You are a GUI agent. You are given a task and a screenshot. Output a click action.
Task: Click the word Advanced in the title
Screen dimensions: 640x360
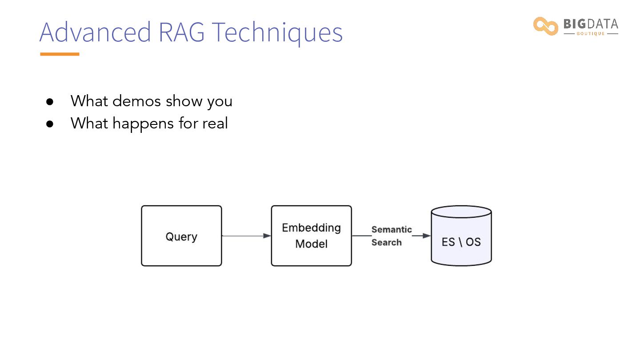(95, 32)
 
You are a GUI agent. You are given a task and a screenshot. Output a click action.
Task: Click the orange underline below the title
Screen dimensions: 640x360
(60, 54)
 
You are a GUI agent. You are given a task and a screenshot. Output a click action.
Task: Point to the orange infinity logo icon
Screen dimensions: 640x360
(545, 26)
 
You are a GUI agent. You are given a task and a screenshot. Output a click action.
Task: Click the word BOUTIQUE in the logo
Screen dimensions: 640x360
(591, 34)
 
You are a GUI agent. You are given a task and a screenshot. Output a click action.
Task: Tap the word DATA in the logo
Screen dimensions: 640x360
(603, 24)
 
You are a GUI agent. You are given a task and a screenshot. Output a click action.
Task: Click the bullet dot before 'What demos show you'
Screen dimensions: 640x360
(50, 102)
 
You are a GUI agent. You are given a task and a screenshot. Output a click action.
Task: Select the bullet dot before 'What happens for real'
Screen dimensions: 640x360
(50, 124)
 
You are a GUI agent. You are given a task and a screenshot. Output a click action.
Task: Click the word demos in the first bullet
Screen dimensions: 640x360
(136, 101)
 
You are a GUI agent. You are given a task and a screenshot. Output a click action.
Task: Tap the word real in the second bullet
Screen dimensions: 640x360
(215, 123)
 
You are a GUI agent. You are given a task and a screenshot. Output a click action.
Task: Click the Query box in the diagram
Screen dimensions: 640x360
(181, 236)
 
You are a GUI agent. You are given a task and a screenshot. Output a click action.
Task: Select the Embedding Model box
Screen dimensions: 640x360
(312, 236)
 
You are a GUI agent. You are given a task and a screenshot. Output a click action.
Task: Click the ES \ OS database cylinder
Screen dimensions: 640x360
(461, 236)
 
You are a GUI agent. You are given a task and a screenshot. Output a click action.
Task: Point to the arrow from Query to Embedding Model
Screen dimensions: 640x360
(246, 236)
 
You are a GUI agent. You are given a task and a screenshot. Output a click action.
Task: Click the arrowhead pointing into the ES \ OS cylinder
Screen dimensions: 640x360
(427, 236)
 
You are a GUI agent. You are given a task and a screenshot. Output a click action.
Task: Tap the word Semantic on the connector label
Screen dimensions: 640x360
(392, 229)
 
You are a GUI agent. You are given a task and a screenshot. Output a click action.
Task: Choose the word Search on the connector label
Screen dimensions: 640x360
(387, 242)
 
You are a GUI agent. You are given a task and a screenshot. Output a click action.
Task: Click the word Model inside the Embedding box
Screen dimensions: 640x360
(312, 244)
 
